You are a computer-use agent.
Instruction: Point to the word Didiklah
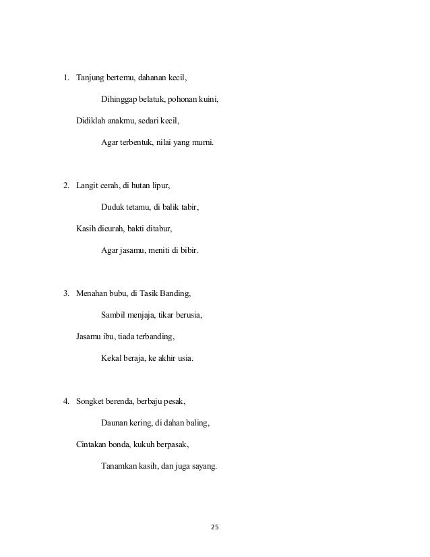coord(92,121)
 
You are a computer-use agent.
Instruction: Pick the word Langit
coord(88,183)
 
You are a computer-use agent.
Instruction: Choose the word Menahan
coord(92,293)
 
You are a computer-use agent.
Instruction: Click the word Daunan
coord(115,423)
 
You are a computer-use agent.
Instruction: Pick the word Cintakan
coord(93,445)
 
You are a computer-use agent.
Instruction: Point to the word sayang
coord(204,467)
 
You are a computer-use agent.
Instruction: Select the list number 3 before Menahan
coord(66,293)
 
